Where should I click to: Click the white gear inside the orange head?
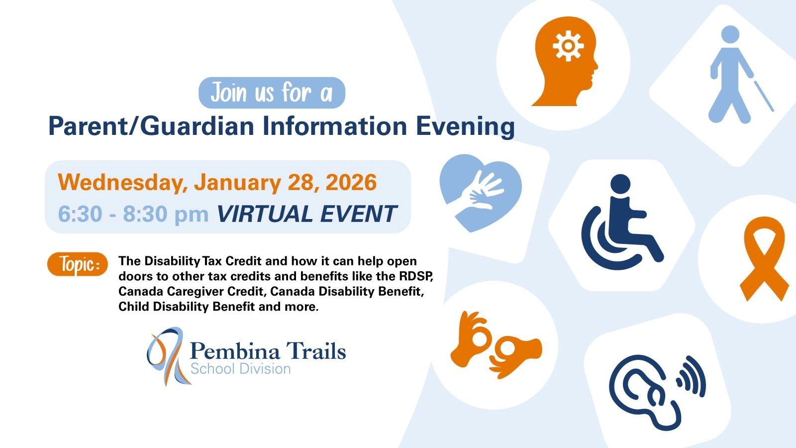[x=568, y=46]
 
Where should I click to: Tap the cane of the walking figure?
[x=764, y=96]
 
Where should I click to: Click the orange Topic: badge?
[x=78, y=264]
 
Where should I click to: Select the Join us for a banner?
[x=272, y=93]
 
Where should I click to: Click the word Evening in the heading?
[x=465, y=127]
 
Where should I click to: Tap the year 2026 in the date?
[x=351, y=182]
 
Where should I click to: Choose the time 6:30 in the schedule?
[x=80, y=214]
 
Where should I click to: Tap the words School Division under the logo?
[x=241, y=369]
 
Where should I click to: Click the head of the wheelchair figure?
[x=620, y=184]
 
